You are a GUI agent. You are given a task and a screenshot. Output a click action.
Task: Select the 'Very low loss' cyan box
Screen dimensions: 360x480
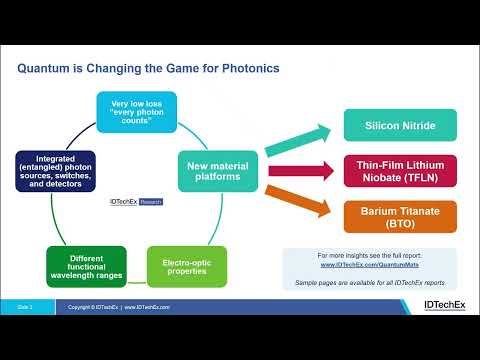coord(136,112)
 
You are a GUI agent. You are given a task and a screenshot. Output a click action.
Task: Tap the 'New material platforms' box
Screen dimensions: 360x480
coord(213,170)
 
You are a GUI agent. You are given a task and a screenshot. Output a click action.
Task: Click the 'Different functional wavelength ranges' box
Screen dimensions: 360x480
coord(86,266)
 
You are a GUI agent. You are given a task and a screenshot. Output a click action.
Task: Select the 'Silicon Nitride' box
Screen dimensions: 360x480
coord(400,125)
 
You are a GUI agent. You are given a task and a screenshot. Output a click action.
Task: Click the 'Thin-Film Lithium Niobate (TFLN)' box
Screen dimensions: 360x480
coord(400,171)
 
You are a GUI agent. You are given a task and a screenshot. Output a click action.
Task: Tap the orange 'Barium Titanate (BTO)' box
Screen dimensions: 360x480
coord(400,217)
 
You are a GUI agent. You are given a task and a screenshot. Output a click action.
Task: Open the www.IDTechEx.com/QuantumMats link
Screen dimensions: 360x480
coord(369,266)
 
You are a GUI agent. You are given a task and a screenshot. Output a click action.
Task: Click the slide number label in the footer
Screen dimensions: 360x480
coord(27,307)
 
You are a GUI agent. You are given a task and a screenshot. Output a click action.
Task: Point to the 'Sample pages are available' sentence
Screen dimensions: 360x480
coord(369,283)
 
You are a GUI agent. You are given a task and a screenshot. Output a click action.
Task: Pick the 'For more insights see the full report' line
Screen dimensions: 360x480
coord(369,256)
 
